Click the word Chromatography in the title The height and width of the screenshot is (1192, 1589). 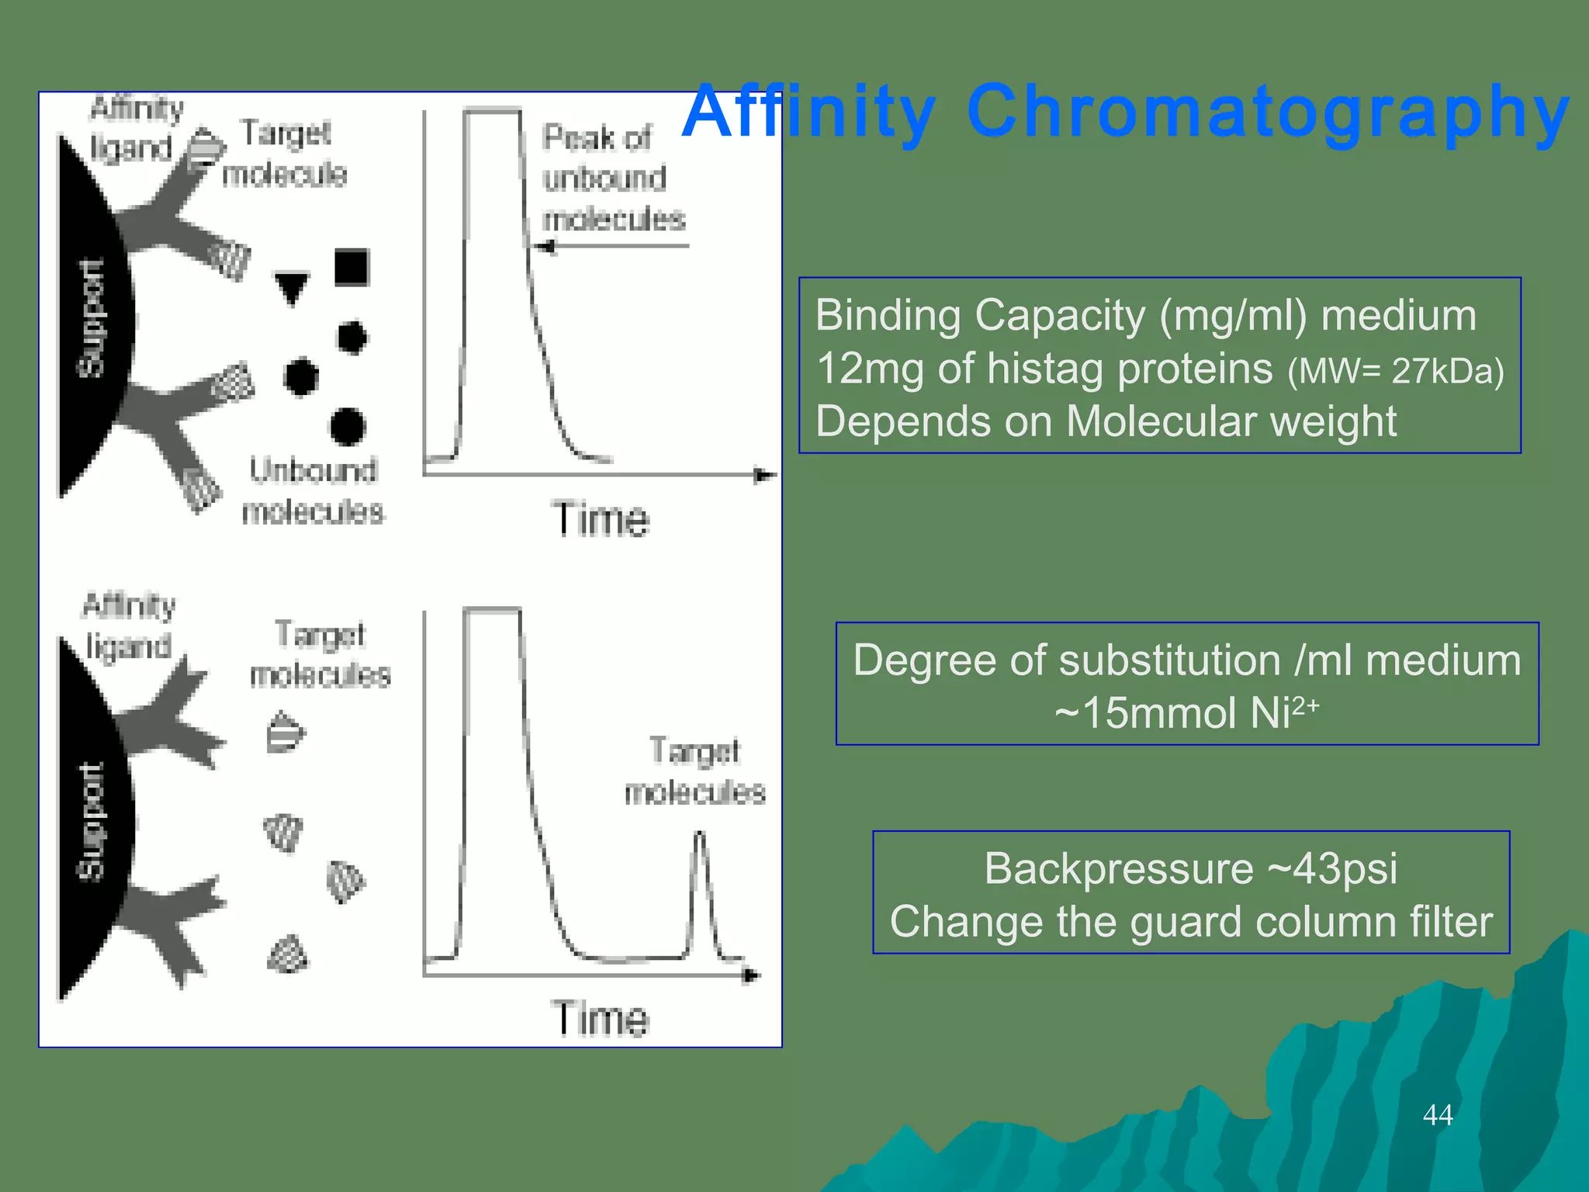1268,113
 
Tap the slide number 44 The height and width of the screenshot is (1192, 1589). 1437,1114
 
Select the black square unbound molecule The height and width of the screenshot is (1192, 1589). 351,267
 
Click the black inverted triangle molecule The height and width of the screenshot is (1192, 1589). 292,287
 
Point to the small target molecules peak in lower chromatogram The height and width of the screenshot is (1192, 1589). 700,892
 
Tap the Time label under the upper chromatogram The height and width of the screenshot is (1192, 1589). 600,519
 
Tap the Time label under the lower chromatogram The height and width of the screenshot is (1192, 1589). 600,1018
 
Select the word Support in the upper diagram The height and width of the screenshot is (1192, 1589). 92,318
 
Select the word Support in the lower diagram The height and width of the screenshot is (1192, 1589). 92,823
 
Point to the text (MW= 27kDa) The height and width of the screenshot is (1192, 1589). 1395,372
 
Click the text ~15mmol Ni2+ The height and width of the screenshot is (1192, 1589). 1186,712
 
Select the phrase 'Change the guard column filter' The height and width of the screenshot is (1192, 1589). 1190,922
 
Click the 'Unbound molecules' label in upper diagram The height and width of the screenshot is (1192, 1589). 313,491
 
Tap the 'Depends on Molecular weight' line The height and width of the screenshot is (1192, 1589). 1105,421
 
